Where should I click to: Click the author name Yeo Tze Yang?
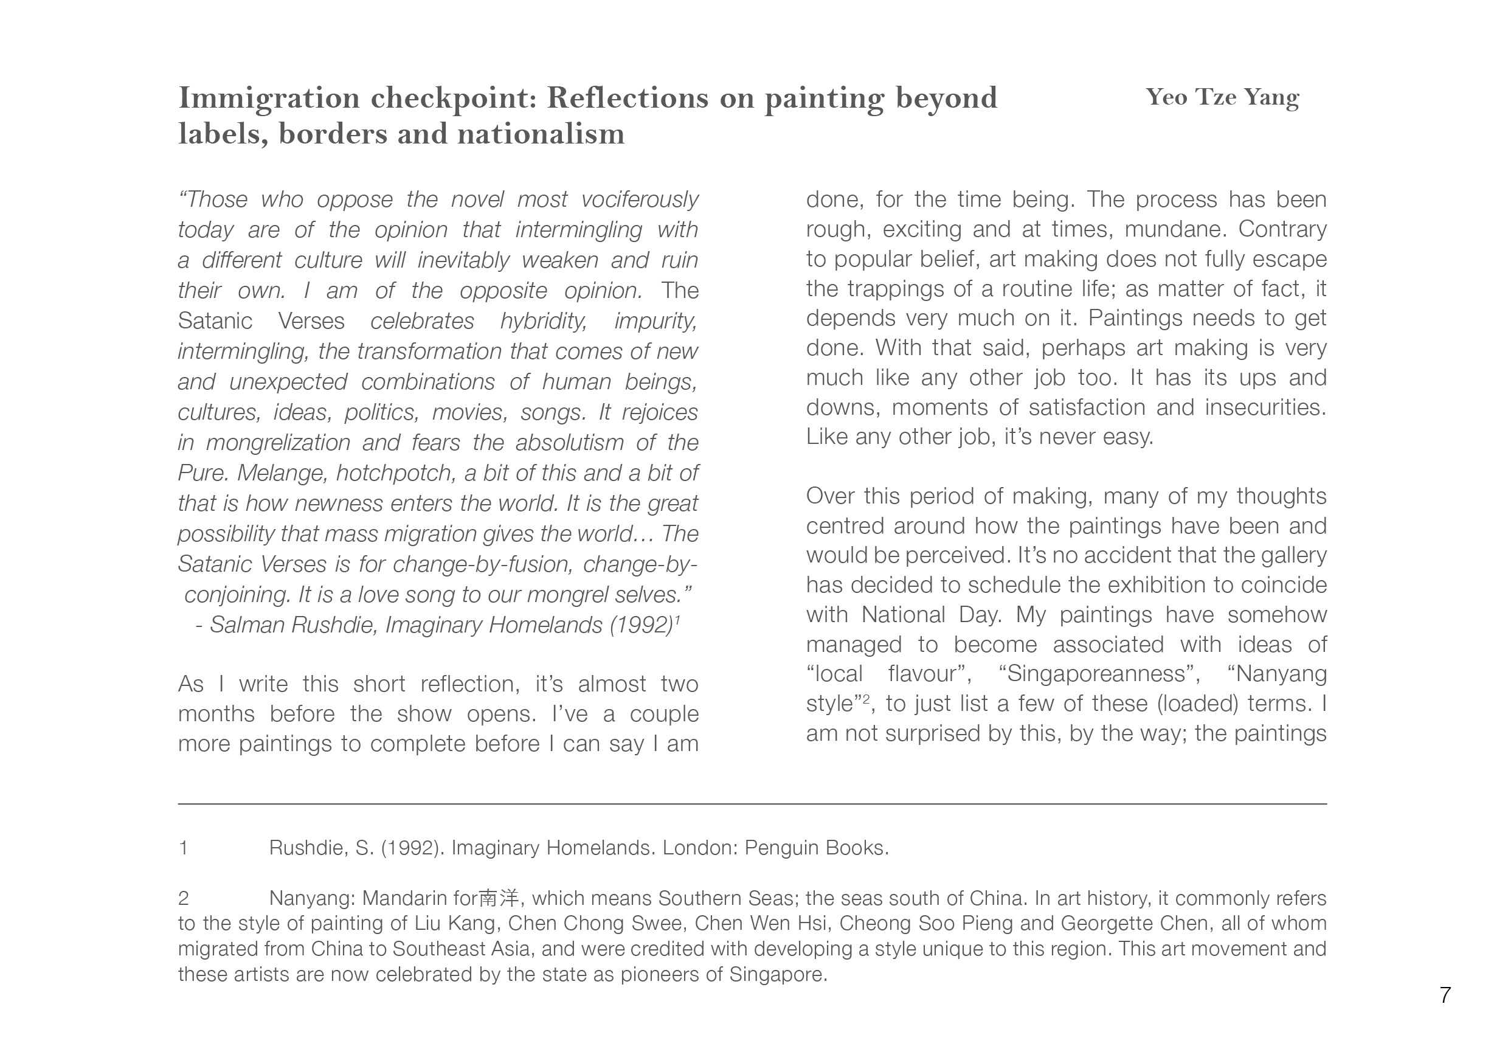1222,97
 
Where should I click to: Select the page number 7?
1444,995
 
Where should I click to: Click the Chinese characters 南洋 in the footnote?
499,898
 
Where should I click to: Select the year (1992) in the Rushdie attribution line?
641,624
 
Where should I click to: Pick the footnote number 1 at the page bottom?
183,848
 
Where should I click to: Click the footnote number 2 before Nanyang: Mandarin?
183,898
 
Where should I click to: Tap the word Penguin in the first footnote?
781,848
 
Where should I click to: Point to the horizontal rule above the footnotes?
752,803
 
